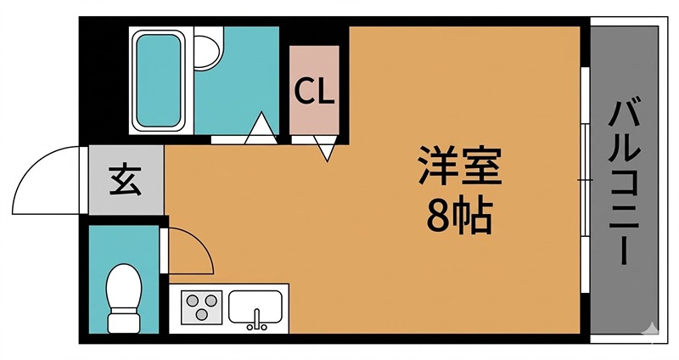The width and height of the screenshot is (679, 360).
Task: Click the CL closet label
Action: (315, 92)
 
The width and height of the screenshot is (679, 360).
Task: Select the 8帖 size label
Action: (458, 218)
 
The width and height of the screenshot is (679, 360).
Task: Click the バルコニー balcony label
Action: (625, 182)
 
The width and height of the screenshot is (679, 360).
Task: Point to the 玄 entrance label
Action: (126, 180)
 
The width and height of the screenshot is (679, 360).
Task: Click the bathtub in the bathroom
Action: (159, 80)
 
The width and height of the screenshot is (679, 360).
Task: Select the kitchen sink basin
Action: (255, 306)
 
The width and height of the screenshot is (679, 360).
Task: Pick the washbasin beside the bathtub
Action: (206, 50)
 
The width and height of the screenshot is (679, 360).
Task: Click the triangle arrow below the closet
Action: (327, 151)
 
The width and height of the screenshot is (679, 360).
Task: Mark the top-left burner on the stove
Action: (192, 299)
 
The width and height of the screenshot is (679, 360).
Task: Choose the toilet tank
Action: (124, 323)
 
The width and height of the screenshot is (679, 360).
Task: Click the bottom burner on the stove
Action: (202, 314)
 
